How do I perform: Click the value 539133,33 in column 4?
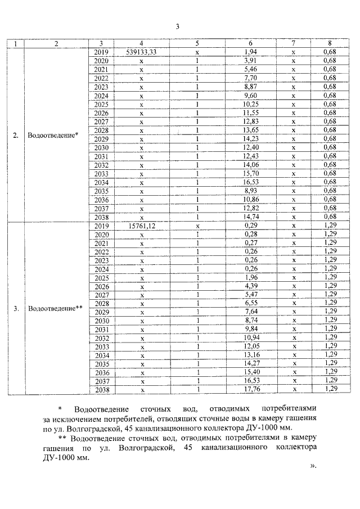(x=142, y=52)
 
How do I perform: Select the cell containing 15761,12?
(x=142, y=226)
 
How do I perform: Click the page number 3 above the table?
(x=177, y=26)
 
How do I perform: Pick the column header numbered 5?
(x=197, y=43)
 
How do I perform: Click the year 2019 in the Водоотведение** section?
(x=101, y=226)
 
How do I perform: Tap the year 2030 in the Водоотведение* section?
(x=101, y=147)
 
